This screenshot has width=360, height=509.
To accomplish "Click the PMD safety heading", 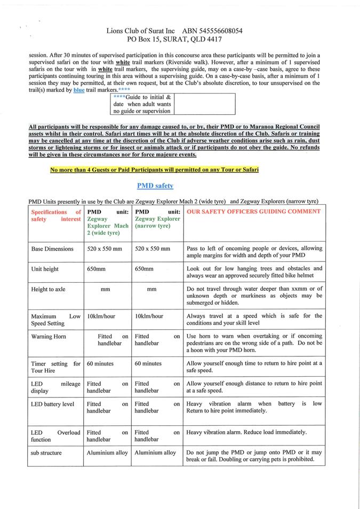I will (155, 186).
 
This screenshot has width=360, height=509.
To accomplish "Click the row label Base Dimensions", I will (52, 249).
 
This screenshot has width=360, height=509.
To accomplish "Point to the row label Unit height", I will (45, 269).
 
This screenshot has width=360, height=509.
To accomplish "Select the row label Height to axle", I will (48, 289).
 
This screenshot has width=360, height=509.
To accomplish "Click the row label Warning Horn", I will (49, 337).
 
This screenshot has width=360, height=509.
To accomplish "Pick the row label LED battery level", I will (52, 404).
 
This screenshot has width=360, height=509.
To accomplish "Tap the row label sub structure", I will (46, 452).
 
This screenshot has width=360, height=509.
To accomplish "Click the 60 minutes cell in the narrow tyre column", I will (148, 363).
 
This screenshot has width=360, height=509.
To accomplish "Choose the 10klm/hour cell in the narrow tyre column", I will (149, 316).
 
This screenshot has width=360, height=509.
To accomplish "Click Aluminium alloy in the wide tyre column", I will (107, 452).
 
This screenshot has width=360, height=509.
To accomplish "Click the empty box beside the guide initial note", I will (204, 104).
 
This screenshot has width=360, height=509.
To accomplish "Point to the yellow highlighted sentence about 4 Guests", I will (154, 170).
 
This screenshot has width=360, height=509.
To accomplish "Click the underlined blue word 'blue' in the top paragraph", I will (78, 90).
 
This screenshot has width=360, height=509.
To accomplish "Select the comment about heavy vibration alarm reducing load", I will (246, 432).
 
